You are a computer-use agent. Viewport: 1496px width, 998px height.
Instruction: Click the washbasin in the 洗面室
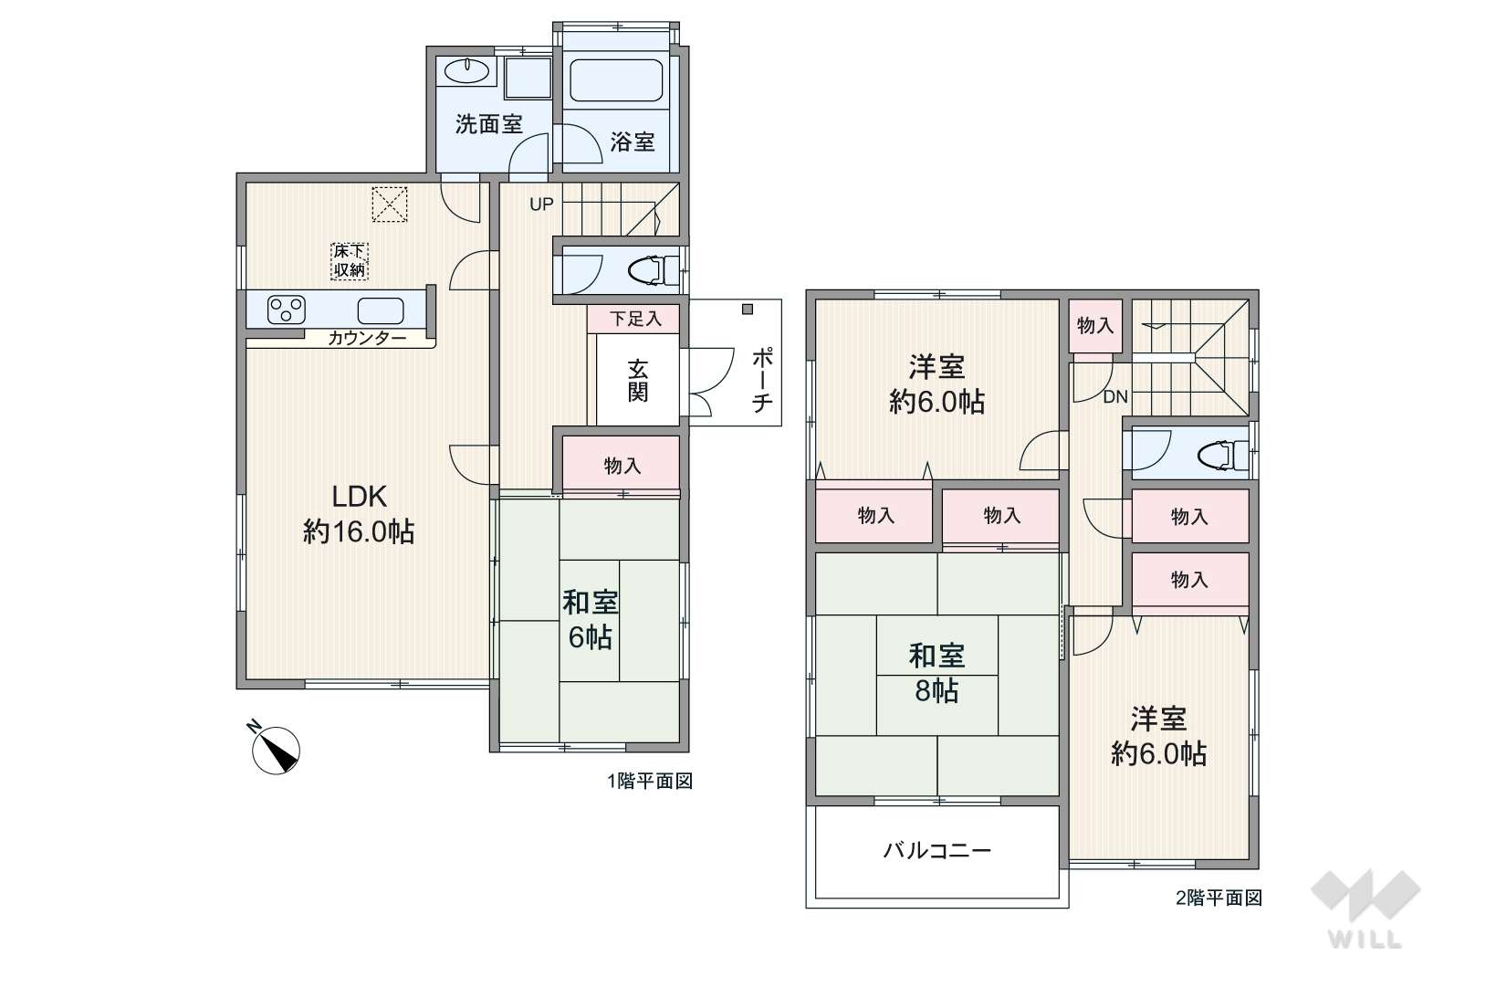click(x=466, y=71)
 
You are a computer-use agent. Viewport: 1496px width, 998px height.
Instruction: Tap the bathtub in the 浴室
click(x=616, y=80)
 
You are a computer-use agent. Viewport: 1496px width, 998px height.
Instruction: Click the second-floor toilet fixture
click(x=1222, y=456)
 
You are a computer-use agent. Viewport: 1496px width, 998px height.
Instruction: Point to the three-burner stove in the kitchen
click(x=286, y=310)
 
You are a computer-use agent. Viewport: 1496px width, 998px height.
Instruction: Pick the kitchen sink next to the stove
click(x=381, y=310)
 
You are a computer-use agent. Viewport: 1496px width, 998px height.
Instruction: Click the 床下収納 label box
click(x=350, y=260)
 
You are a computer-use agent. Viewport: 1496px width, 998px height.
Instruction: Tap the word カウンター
click(x=367, y=339)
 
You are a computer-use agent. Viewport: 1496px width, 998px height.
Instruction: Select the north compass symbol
click(x=275, y=748)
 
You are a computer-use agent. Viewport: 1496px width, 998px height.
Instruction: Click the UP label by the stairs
click(x=541, y=205)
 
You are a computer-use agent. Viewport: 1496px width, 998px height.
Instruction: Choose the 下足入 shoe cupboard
click(x=633, y=319)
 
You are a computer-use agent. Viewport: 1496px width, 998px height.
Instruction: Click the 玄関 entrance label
click(x=637, y=381)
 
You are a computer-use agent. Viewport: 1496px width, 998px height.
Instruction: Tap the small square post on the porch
click(x=748, y=310)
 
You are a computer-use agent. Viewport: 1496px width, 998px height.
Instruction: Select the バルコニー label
click(x=937, y=850)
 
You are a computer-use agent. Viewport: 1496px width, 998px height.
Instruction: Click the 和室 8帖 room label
click(x=936, y=673)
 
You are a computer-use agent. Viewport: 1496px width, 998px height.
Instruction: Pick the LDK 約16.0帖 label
click(x=360, y=514)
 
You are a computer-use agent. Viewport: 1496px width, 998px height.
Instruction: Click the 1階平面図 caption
click(x=649, y=781)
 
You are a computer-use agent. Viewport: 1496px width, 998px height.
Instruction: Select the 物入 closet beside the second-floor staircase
click(x=1095, y=326)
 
